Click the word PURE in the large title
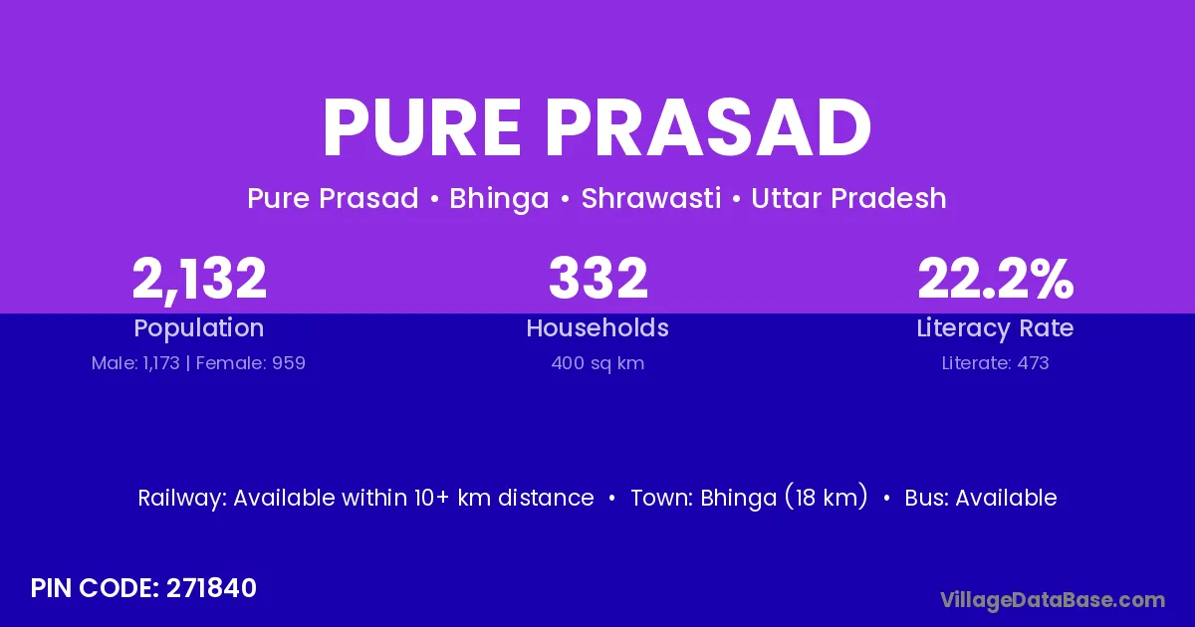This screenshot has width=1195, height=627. (421, 128)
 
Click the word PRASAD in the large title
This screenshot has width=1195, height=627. (708, 128)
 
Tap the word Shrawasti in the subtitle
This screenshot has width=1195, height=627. (651, 198)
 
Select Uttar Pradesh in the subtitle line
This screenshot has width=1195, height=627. (848, 198)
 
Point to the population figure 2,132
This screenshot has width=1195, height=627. (199, 280)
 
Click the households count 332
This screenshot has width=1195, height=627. (598, 278)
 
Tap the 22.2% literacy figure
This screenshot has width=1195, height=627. (996, 278)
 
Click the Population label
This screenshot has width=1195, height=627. (199, 328)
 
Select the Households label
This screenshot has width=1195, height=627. (597, 327)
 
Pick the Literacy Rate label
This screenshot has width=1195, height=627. (995, 328)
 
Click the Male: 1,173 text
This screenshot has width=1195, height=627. (135, 363)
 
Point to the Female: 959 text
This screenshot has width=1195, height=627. (251, 363)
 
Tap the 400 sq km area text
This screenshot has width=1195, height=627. (597, 363)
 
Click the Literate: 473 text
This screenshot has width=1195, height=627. (995, 363)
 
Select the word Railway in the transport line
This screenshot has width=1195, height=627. (182, 499)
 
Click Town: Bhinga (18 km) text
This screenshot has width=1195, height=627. (749, 498)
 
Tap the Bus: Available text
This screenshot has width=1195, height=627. (981, 498)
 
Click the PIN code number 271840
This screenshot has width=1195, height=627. (211, 588)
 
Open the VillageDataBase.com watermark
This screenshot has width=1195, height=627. (1053, 600)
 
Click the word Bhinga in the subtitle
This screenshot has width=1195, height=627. (499, 199)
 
